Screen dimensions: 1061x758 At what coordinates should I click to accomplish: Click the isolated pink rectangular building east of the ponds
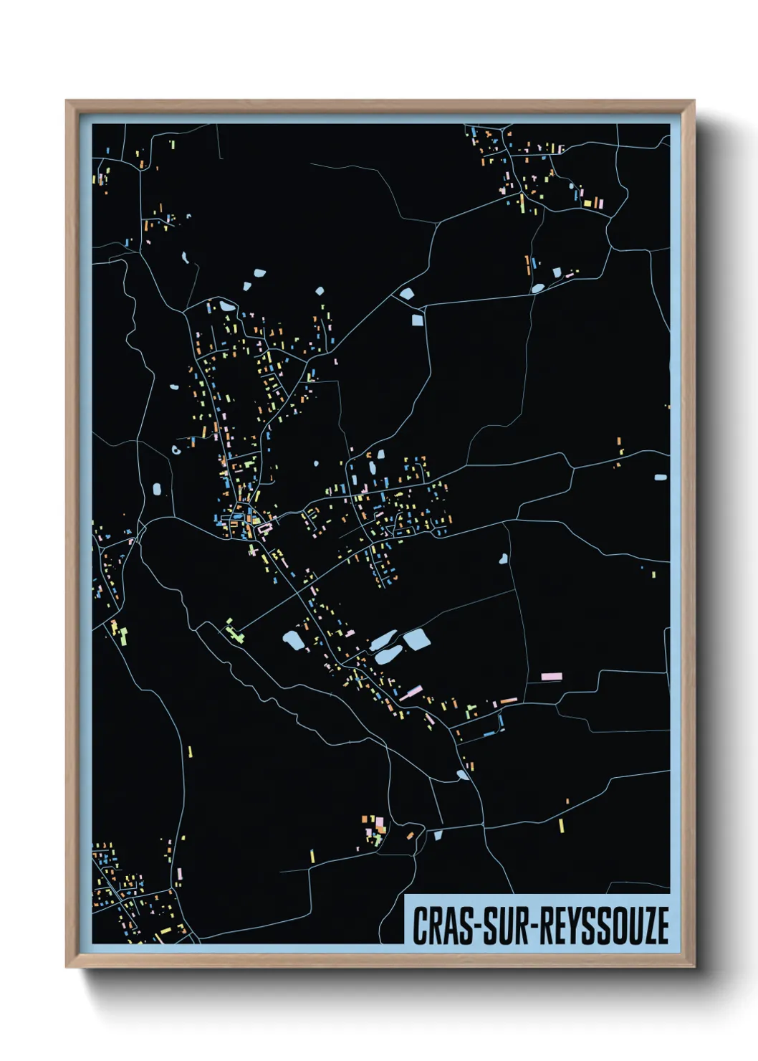(x=551, y=676)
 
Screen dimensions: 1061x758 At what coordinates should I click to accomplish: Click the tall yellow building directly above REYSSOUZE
(x=562, y=825)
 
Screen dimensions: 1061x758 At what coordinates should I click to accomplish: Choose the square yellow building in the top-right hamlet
(x=587, y=203)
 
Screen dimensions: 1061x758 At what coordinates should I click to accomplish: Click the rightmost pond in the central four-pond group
(x=416, y=639)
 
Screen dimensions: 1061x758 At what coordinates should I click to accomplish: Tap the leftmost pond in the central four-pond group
(x=293, y=640)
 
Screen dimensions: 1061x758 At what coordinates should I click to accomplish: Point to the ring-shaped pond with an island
(x=176, y=451)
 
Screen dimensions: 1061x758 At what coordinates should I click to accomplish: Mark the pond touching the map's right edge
(x=661, y=477)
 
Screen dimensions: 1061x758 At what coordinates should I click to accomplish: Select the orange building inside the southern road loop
(x=410, y=835)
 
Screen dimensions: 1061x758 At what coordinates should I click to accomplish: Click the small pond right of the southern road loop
(x=438, y=834)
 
